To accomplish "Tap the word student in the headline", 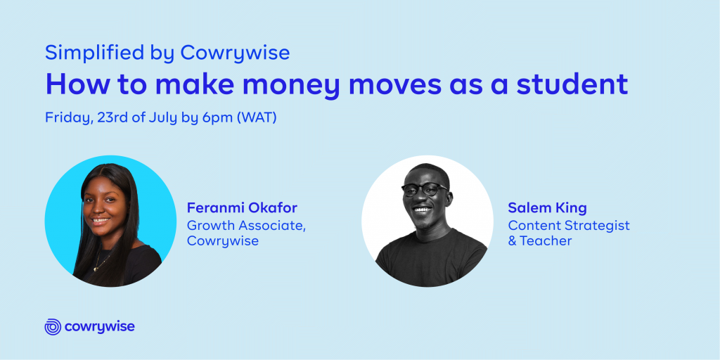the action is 572,84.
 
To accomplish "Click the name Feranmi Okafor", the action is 242,208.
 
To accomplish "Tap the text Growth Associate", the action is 245,226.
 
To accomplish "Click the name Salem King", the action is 547,208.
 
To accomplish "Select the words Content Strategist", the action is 568,226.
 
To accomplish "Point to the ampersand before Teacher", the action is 513,241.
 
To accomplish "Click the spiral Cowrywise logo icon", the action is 53,326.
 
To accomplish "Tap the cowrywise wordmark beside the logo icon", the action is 100,327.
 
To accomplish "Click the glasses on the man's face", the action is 425,188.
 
